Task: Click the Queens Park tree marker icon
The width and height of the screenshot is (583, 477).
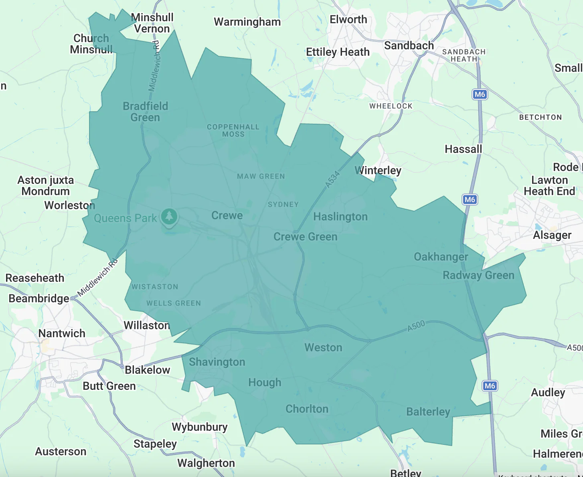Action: coord(169,217)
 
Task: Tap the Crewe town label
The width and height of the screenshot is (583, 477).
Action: coord(227,216)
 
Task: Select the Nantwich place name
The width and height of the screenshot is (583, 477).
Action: coord(62,333)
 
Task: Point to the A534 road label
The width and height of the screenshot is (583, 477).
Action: coord(332,179)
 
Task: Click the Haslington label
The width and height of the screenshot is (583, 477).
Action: coord(340,217)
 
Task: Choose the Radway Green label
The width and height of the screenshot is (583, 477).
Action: coord(478,275)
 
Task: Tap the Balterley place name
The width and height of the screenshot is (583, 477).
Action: coord(428,412)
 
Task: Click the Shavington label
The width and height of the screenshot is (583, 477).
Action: coord(217,362)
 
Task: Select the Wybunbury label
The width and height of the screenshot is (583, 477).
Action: coord(200,427)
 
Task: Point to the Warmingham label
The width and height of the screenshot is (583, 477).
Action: coord(247,22)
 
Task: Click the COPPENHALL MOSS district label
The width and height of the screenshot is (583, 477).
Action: coord(233,130)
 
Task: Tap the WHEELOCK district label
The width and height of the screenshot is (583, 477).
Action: coord(391,106)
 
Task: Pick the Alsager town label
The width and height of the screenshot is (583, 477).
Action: coord(552,235)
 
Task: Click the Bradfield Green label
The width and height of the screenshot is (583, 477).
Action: coord(145,112)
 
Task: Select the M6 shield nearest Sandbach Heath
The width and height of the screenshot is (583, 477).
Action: coord(480,94)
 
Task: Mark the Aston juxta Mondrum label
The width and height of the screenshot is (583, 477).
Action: coord(46,185)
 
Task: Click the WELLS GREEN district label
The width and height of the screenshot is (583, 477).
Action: coord(174,303)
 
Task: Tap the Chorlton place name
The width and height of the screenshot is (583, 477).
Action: coord(307,409)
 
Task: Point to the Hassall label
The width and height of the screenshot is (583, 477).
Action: coord(463,149)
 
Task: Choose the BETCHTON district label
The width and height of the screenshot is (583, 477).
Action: coord(540,117)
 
